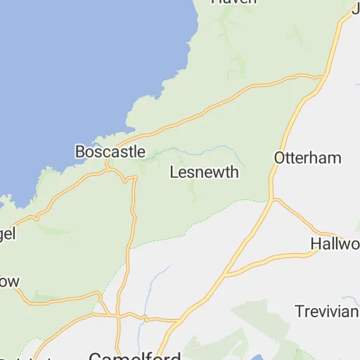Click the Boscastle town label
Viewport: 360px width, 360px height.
point(110,152)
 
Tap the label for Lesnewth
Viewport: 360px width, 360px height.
point(205,172)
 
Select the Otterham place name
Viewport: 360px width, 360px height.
point(308,157)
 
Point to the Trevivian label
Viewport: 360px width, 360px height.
point(326,311)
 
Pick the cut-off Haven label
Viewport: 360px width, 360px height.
point(234,2)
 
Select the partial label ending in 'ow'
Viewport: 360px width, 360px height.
point(9,281)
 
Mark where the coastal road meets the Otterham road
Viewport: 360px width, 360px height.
point(322,75)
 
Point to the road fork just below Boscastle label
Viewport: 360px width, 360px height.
point(109,167)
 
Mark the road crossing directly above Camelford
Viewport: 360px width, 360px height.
point(118,316)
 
